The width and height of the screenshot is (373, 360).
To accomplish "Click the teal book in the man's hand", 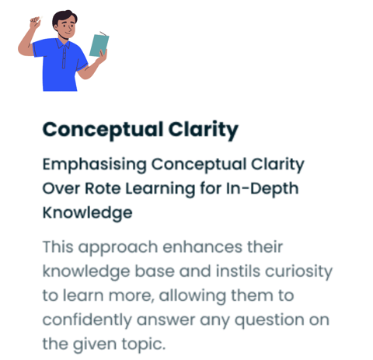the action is tap(99, 45).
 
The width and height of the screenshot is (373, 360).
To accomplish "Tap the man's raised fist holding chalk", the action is tap(36, 23).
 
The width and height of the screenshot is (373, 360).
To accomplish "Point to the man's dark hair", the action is tap(64, 19).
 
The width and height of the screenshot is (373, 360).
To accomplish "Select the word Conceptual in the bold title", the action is tap(103, 130).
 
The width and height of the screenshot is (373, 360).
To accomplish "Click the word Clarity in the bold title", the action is tap(204, 130).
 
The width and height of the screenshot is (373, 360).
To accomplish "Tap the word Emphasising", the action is tap(95, 165).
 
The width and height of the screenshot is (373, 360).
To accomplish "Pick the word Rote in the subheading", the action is tap(103, 188).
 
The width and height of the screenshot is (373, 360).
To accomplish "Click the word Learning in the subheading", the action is tap(160, 189).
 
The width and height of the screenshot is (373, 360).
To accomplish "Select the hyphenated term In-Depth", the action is tap(262, 189).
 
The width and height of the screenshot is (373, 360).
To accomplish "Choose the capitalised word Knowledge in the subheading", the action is tap(87, 213).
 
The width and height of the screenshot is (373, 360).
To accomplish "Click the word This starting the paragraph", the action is tap(58, 246).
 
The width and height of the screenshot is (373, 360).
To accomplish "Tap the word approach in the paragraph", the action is tap(118, 248).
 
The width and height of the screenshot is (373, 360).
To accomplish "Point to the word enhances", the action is tap(203, 246).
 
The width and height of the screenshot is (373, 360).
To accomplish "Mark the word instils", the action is tap(238, 271).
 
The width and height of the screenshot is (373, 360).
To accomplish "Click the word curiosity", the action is tap(298, 272).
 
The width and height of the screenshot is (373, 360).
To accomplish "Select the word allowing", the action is tap(193, 296).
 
